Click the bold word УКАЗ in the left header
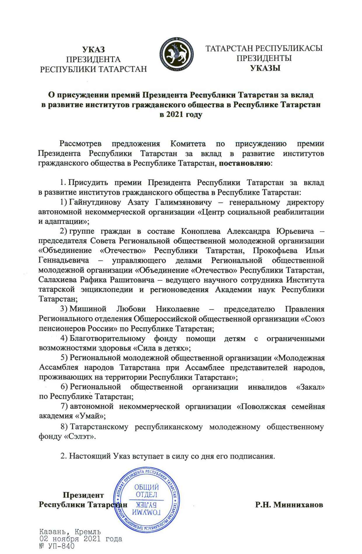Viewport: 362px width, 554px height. (x=93, y=50)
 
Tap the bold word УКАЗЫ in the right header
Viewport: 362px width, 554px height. (x=265, y=68)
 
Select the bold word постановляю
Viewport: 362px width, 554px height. (x=245, y=163)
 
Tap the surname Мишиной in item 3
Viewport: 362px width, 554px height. (x=88, y=309)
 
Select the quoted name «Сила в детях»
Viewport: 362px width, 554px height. (x=162, y=348)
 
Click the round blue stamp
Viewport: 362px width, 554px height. (x=147, y=499)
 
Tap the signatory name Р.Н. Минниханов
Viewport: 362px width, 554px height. (x=289, y=505)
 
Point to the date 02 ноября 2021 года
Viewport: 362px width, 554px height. (x=81, y=539)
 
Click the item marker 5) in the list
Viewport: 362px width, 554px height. (x=64, y=358)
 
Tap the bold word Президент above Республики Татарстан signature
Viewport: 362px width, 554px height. (x=83, y=495)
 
